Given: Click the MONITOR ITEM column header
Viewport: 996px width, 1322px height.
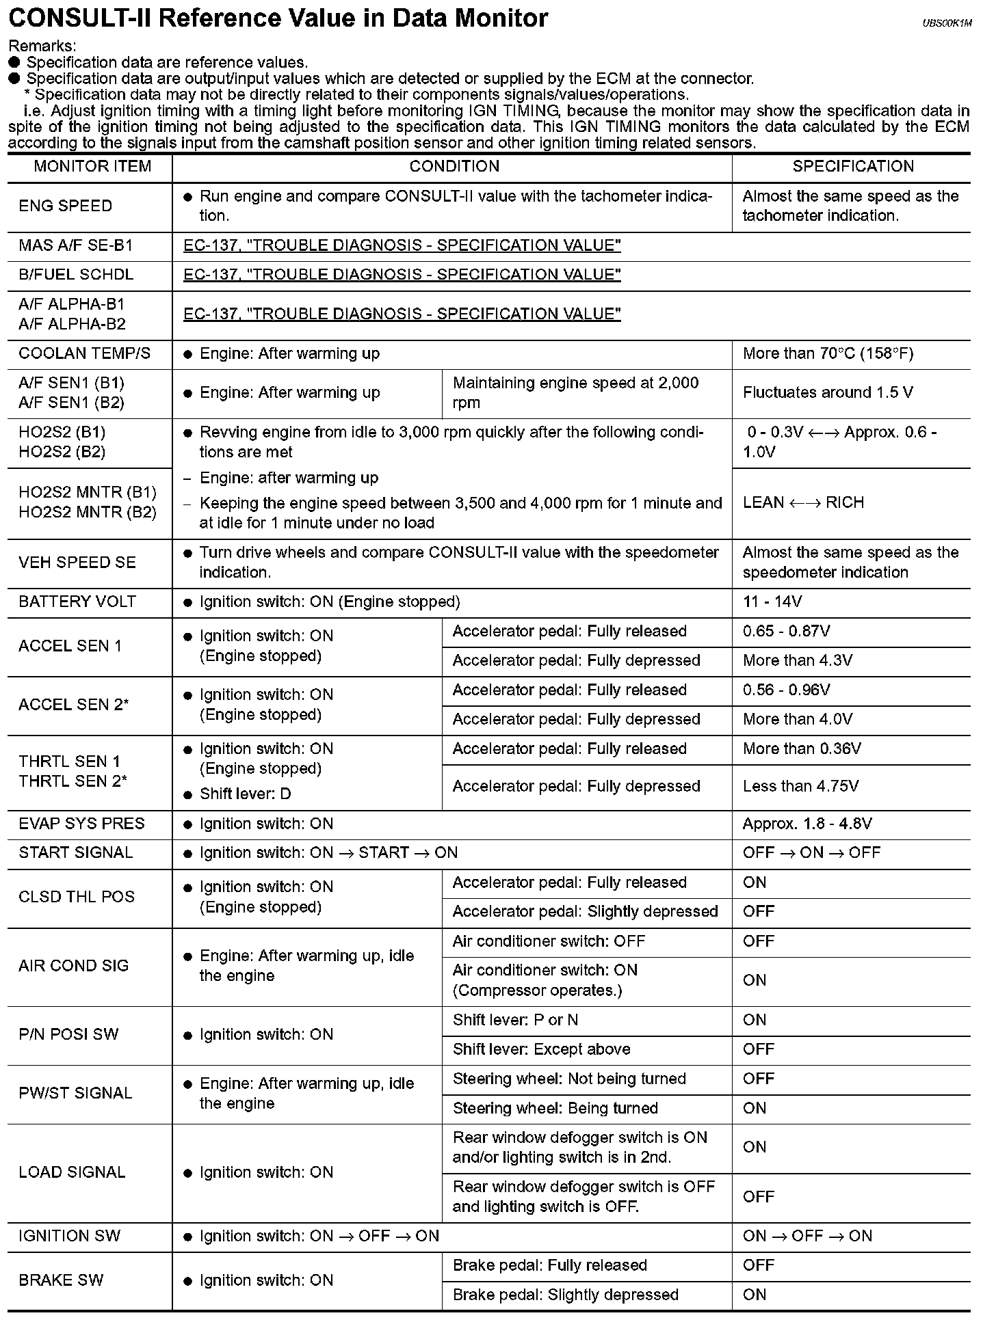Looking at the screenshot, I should click(92, 167).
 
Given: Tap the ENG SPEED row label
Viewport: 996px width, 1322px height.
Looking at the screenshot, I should click(66, 206).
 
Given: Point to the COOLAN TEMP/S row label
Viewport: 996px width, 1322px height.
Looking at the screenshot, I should click(84, 354).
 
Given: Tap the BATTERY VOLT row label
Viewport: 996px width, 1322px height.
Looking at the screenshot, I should click(77, 602).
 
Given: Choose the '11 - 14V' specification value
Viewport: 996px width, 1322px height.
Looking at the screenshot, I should click(772, 602).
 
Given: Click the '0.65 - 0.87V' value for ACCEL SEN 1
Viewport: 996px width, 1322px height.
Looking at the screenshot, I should click(787, 632).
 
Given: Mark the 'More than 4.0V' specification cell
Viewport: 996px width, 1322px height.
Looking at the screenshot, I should click(798, 720).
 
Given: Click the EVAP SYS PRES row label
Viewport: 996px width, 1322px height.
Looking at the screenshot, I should click(81, 824).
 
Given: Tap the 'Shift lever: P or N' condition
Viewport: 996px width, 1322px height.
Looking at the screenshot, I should click(515, 1021).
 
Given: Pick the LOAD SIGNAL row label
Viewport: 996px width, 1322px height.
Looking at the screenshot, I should click(72, 1173).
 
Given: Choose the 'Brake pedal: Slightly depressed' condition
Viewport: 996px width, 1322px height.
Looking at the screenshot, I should click(565, 1295).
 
